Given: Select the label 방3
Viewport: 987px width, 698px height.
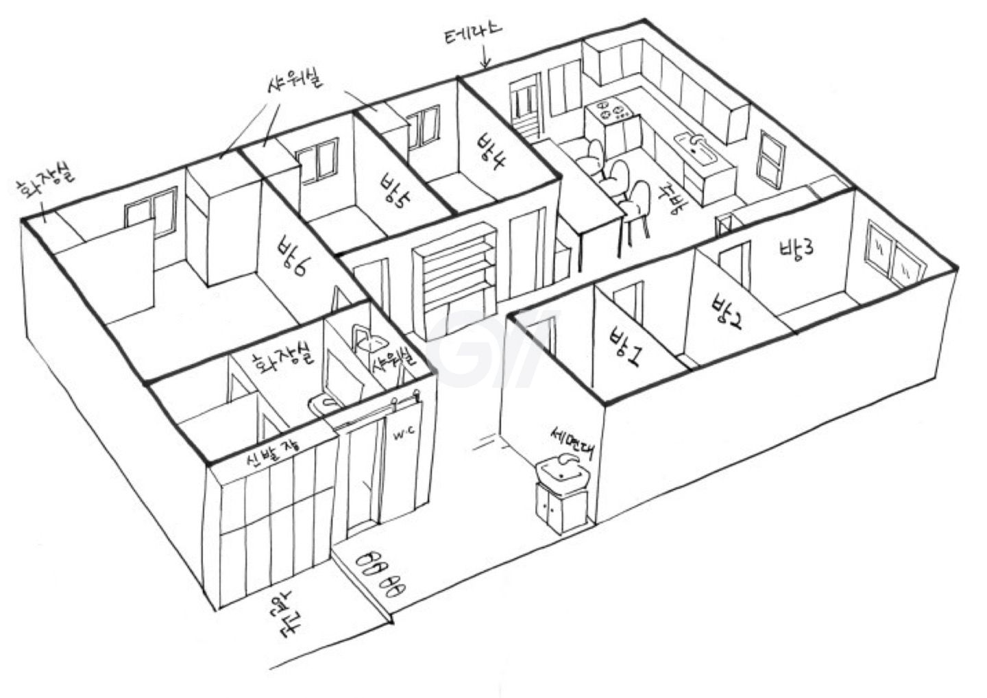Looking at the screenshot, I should [796, 249].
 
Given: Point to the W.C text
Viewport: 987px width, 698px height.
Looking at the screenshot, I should [402, 436].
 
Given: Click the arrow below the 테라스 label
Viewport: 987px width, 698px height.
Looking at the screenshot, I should [486, 58].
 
